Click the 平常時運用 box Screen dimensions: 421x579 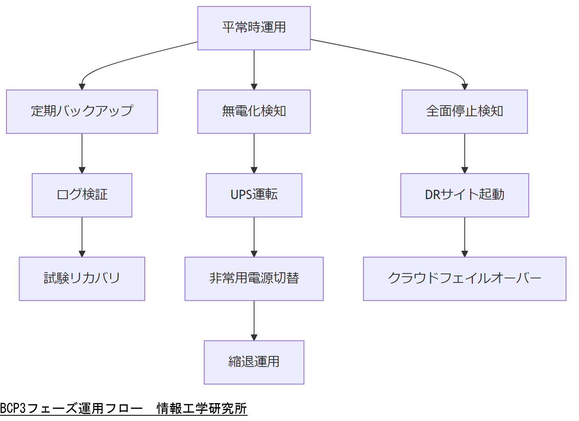[x=254, y=28]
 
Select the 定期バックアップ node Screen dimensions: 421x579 [x=82, y=111]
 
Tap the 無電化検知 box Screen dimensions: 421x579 [x=254, y=111]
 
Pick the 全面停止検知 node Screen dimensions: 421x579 [x=464, y=111]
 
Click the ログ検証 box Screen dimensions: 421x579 [x=82, y=195]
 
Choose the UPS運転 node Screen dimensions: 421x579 [x=254, y=195]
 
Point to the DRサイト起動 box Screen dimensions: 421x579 [x=464, y=195]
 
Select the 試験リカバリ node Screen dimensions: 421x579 [x=82, y=279]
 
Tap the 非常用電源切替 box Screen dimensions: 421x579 [x=254, y=279]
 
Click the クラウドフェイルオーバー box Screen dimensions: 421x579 [x=464, y=279]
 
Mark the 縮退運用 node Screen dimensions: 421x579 [x=254, y=362]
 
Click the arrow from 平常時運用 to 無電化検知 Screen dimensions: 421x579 [x=254, y=69]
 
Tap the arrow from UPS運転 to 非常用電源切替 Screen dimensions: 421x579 [x=254, y=237]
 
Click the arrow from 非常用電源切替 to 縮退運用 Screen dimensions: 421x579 [x=254, y=320]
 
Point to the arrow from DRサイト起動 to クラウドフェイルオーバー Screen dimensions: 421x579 [x=465, y=237]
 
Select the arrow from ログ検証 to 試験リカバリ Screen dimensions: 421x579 [x=82, y=237]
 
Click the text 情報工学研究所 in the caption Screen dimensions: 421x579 [x=202, y=408]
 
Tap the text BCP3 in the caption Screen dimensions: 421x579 [x=13, y=408]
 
